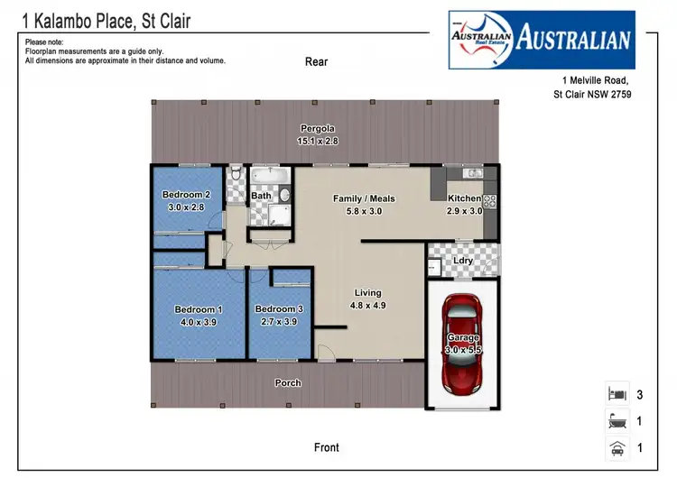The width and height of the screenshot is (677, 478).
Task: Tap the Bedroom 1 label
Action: (x=198, y=309)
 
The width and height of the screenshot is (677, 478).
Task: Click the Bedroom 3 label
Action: (x=279, y=309)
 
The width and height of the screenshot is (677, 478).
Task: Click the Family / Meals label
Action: (x=364, y=198)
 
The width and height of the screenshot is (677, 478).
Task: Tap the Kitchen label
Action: (x=465, y=198)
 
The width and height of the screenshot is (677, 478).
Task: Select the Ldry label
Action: (x=463, y=261)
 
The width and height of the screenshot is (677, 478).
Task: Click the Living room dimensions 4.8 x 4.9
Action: (x=367, y=305)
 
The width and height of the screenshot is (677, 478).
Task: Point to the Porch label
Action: (x=288, y=383)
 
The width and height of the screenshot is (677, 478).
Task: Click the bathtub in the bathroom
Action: (x=268, y=176)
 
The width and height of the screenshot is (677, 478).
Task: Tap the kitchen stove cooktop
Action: (x=491, y=202)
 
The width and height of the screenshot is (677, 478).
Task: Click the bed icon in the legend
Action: (x=617, y=394)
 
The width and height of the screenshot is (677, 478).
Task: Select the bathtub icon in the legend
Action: (x=617, y=420)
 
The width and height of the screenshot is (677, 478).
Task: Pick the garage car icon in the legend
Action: (x=617, y=446)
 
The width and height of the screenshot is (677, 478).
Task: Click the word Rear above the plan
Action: (x=316, y=62)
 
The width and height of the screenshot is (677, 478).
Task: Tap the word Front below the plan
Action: (x=327, y=447)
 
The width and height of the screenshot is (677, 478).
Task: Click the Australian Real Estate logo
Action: (x=542, y=40)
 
